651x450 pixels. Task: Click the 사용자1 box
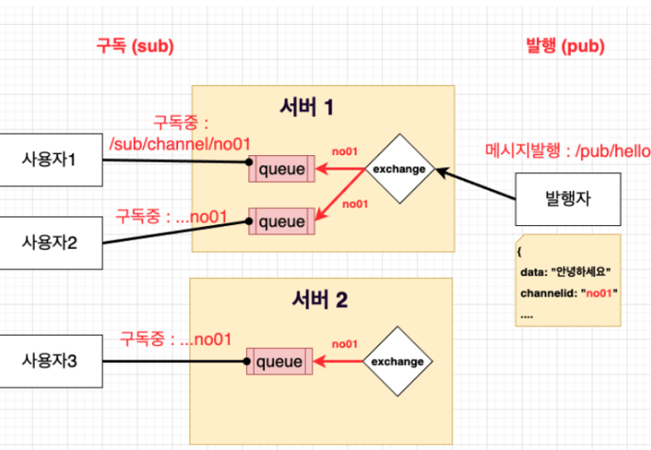click(x=50, y=160)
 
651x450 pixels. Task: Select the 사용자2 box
click(x=50, y=243)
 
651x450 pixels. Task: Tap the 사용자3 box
click(x=50, y=361)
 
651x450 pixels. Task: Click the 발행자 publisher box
click(x=568, y=199)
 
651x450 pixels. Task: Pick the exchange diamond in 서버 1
click(x=400, y=169)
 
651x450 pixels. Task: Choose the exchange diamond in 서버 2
click(x=398, y=361)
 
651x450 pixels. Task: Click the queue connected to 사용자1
click(x=282, y=169)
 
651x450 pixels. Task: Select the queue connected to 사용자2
click(x=282, y=222)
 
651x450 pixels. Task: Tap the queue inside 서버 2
click(x=279, y=361)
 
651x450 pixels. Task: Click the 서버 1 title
click(x=307, y=107)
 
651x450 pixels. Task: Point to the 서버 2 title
click(x=320, y=299)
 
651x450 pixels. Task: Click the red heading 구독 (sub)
click(x=135, y=46)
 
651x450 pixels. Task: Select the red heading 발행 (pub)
click(x=565, y=46)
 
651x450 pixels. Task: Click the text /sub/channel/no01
click(x=180, y=144)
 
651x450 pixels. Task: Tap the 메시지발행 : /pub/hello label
click(x=568, y=151)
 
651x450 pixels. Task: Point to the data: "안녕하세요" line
click(x=566, y=272)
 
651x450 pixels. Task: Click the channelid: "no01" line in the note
click(x=569, y=293)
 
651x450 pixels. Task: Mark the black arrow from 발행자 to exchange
click(x=475, y=184)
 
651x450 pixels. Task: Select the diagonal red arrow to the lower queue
click(x=340, y=194)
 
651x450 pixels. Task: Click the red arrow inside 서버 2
click(x=338, y=361)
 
